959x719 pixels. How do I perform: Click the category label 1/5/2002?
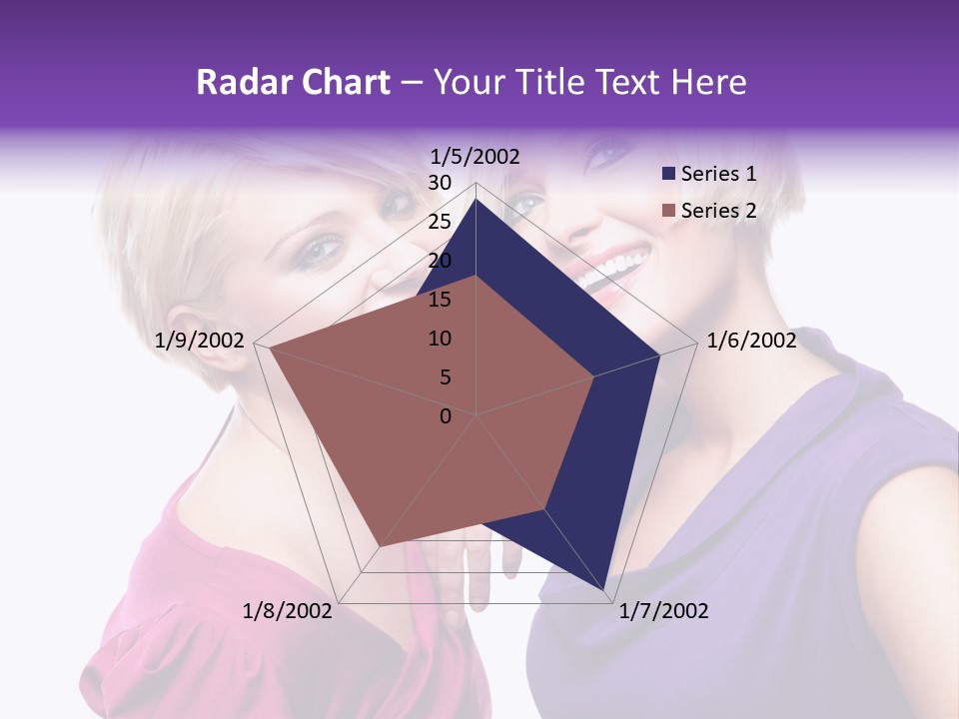click(476, 156)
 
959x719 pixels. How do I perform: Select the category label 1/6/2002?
click(751, 341)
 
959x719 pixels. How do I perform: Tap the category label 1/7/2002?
click(663, 611)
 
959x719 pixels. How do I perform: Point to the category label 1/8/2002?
click(288, 611)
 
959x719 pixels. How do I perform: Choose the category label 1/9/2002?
click(200, 341)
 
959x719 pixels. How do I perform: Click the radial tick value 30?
click(440, 183)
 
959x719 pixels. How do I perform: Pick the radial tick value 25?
click(440, 222)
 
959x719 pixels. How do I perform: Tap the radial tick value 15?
click(440, 300)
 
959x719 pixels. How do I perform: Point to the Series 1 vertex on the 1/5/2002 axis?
click(477, 199)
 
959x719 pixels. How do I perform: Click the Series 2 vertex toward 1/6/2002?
click(594, 376)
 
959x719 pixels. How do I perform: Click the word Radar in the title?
click(241, 83)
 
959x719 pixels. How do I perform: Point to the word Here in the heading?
click(708, 83)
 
